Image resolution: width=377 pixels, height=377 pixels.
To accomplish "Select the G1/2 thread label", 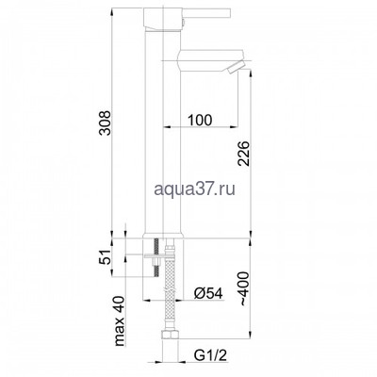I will [x=208, y=356].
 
